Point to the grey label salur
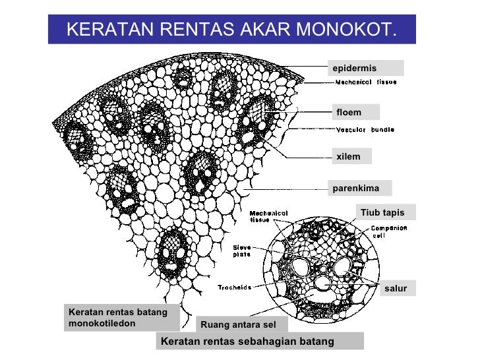[x=396, y=289]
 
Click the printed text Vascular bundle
[x=365, y=130]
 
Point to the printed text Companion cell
[x=388, y=231]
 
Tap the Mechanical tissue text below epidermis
[x=366, y=82]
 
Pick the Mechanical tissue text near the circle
[x=268, y=216]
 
